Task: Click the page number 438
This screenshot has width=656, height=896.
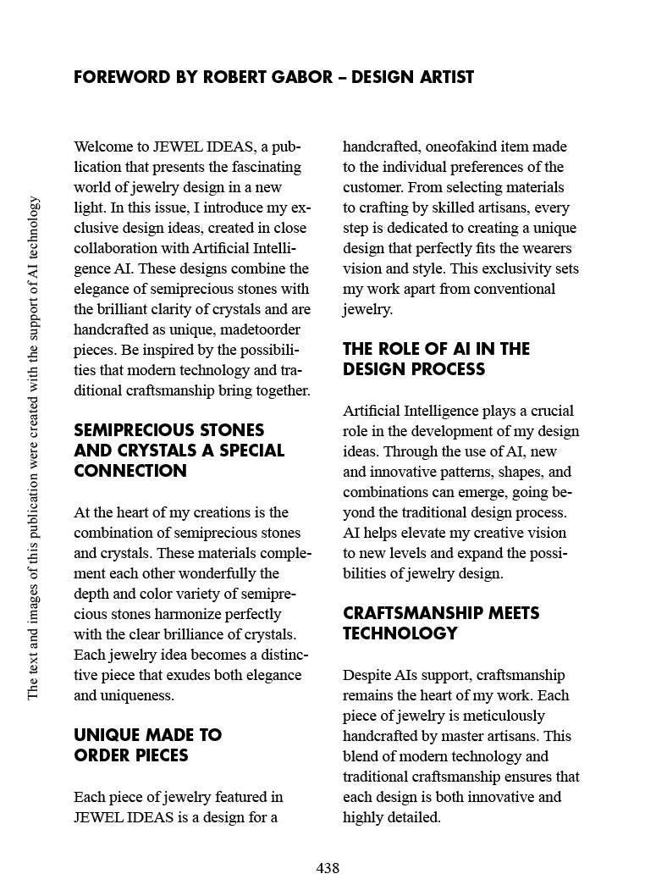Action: coord(328,868)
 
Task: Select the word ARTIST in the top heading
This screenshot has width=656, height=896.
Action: coord(442,77)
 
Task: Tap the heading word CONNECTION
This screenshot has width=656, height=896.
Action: coord(130,471)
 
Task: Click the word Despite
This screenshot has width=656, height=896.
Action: coord(367,675)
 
